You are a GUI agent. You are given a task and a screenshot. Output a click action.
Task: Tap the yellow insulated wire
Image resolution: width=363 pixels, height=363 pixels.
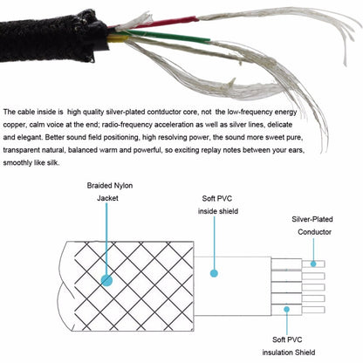[x=117, y=38]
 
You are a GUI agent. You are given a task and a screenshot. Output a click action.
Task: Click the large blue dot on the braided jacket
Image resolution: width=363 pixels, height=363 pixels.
[x=106, y=280]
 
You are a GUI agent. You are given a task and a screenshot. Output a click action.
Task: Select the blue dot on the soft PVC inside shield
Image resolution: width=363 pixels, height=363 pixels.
[x=214, y=273]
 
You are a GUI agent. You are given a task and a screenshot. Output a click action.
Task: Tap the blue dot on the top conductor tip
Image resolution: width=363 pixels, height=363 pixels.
[x=313, y=264]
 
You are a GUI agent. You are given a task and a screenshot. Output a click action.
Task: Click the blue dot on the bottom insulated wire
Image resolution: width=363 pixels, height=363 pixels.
[x=287, y=309]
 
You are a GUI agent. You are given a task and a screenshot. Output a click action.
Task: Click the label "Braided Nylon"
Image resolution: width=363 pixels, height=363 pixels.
[x=110, y=186]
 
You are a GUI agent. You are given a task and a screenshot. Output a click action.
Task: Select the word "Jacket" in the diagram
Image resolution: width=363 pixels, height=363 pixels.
[x=107, y=198]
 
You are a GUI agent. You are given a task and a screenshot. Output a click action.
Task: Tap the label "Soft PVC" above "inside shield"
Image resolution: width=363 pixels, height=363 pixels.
[x=217, y=199]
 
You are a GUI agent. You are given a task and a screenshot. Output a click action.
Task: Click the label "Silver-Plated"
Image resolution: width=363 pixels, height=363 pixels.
[x=312, y=219]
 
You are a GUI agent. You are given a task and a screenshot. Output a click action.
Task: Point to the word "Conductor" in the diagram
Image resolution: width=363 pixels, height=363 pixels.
[x=314, y=232]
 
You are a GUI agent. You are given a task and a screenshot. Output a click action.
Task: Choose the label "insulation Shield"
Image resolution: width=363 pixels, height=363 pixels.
[x=289, y=353]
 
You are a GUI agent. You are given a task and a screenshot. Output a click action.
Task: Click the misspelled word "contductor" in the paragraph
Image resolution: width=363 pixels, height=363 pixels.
[x=163, y=112]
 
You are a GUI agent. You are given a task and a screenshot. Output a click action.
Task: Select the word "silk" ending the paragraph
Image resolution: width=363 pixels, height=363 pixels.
[x=53, y=163]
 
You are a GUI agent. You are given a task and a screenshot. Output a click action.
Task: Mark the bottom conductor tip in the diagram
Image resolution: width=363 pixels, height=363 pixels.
[x=313, y=310]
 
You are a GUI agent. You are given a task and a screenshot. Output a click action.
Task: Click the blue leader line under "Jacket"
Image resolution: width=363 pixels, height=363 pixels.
[x=106, y=239]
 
